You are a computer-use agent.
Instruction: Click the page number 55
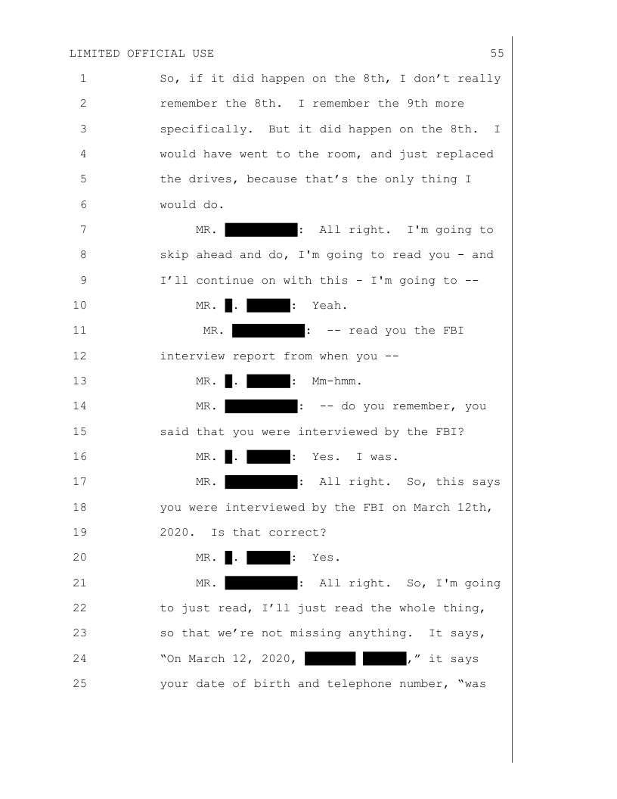pos(497,53)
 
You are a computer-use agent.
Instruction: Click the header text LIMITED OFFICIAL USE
pos(141,53)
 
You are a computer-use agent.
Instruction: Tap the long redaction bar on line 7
pos(260,230)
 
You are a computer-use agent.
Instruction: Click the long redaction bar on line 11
pos(268,331)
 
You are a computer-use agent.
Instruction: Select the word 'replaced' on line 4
pos(465,154)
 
